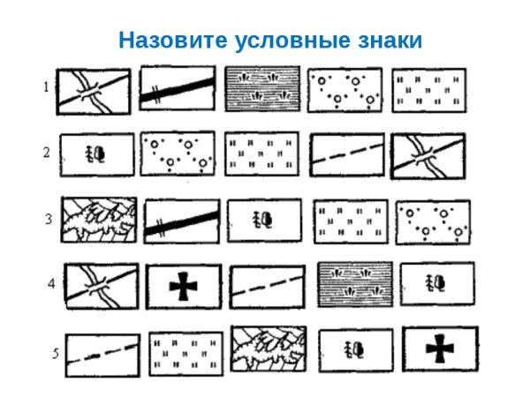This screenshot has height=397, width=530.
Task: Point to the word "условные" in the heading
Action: pos(284,41)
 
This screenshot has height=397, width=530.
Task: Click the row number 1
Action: pos(46,86)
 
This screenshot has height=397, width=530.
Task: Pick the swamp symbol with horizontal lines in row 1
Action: pos(262,89)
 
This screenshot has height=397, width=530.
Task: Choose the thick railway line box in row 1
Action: pos(177,90)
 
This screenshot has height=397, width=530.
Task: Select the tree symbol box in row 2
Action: pos(96,155)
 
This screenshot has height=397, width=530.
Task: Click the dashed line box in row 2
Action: pos(347,155)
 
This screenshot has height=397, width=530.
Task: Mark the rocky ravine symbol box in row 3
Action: pos(99,220)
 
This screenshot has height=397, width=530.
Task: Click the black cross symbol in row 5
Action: pos(439,349)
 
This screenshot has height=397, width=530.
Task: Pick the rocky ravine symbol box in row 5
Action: pos(269,348)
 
